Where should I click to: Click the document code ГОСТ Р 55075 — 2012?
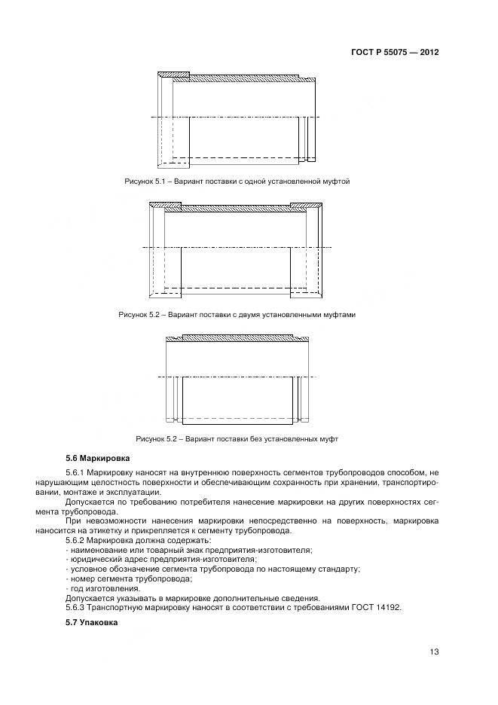point(395,53)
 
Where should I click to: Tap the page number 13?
point(433,652)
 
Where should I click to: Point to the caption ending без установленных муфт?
point(237,438)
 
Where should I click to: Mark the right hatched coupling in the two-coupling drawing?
point(307,206)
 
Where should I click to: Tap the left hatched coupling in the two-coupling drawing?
point(164,206)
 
